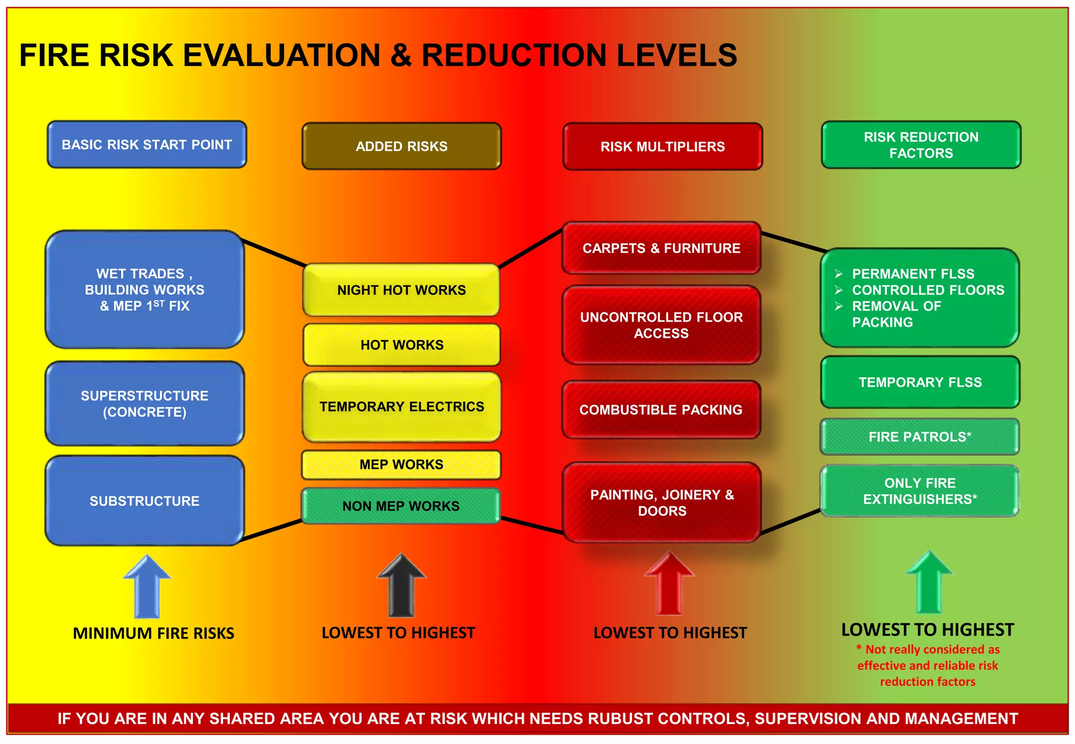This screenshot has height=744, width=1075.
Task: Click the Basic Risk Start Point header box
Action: [147, 145]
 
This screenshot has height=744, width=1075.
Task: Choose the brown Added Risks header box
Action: [402, 146]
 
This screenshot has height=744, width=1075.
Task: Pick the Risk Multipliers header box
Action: [662, 147]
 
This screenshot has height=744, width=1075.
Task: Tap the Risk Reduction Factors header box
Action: [921, 145]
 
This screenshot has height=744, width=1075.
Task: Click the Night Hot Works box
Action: [402, 290]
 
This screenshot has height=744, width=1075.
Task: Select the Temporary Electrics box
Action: [402, 407]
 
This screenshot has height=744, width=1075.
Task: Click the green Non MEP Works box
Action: [401, 506]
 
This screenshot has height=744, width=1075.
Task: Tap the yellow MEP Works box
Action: [402, 464]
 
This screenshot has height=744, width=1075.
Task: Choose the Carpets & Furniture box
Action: [661, 248]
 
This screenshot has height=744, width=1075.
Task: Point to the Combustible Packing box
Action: [661, 410]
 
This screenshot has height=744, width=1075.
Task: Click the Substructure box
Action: [145, 501]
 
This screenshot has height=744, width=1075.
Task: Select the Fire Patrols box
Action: [920, 437]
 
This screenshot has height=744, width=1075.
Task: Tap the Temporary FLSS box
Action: [920, 382]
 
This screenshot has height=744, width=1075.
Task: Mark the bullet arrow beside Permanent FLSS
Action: [839, 274]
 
